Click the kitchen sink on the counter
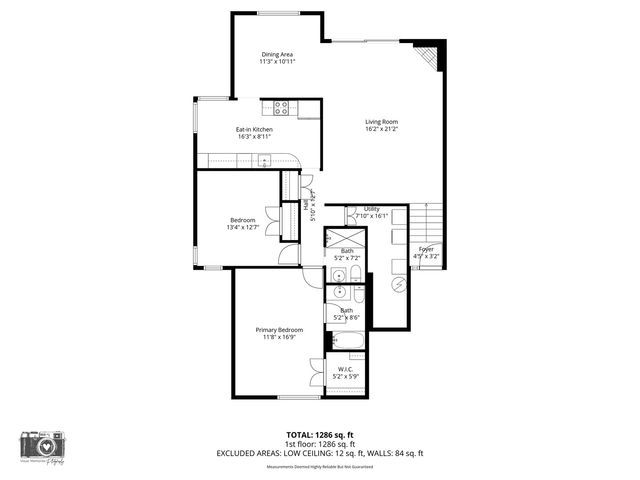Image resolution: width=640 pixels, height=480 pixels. pyautogui.click(x=265, y=160)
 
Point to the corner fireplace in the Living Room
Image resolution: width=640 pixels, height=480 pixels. pyautogui.click(x=428, y=57)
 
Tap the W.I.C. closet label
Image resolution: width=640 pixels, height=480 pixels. pyautogui.click(x=346, y=370)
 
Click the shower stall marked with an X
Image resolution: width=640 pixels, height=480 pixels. pyautogui.click(x=346, y=238)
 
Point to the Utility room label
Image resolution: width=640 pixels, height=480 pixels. pyautogui.click(x=371, y=209)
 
